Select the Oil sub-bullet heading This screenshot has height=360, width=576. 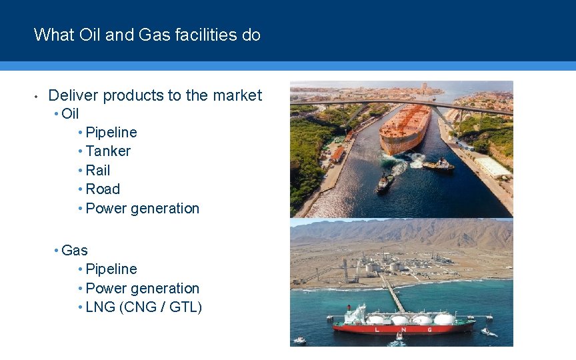click(x=70, y=114)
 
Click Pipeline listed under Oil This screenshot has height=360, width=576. click(x=111, y=133)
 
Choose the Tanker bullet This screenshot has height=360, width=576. click(x=108, y=151)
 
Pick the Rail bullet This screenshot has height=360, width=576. click(x=98, y=171)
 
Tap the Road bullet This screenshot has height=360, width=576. click(x=103, y=189)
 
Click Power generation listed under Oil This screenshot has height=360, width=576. click(x=143, y=209)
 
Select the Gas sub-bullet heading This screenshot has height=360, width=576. click(x=74, y=251)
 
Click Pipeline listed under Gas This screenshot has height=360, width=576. click(x=111, y=269)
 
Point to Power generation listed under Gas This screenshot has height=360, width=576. click(x=143, y=289)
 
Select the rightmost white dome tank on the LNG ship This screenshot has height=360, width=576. click(x=444, y=319)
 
